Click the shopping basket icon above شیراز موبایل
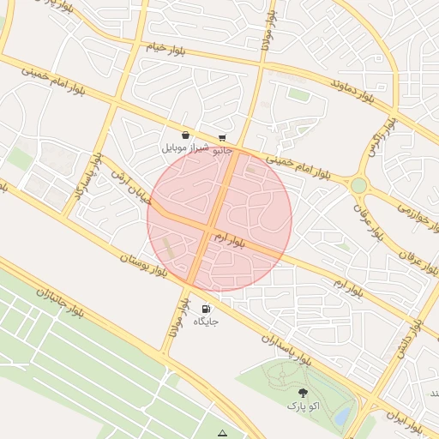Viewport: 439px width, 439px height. click(186, 135)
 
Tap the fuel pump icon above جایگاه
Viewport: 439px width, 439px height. click(206, 309)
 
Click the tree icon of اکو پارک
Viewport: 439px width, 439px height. click(302, 392)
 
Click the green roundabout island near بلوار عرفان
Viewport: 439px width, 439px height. click(358, 185)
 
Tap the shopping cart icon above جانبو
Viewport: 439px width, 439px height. click(222, 138)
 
